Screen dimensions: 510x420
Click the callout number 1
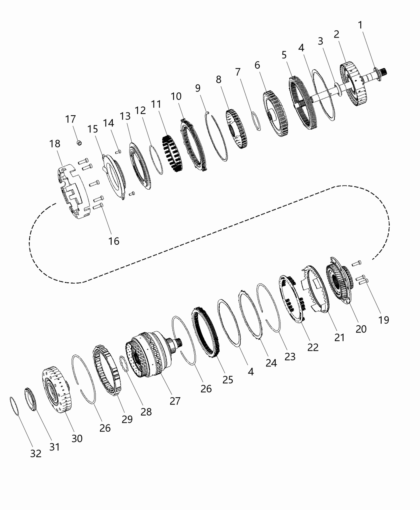pyautogui.click(x=360, y=25)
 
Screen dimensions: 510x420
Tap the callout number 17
pyautogui.click(x=70, y=119)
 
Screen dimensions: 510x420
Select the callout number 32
pyautogui.click(x=36, y=454)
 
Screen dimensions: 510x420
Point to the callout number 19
pyautogui.click(x=383, y=320)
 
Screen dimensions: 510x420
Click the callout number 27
pyautogui.click(x=175, y=400)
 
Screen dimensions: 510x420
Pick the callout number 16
pyautogui.click(x=114, y=241)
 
